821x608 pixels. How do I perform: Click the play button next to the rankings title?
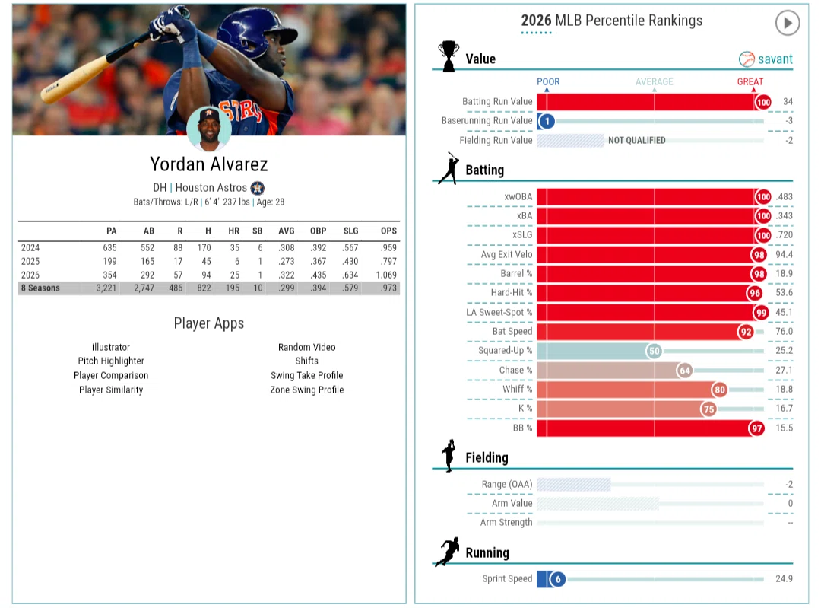(787, 23)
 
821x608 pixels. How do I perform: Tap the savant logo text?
(775, 59)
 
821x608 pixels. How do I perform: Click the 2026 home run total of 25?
(234, 275)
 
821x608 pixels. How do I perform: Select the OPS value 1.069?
(386, 275)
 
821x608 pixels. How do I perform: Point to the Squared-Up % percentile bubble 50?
(654, 351)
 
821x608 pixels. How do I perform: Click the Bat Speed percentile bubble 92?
(746, 331)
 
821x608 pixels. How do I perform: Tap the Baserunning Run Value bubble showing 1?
(547, 121)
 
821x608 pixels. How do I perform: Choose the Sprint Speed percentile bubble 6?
(558, 579)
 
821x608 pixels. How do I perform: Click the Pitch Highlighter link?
(111, 361)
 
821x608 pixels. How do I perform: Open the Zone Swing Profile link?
(307, 390)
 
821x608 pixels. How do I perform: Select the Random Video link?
(307, 347)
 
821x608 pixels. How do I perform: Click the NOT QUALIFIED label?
(637, 141)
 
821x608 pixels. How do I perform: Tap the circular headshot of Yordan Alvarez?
(209, 129)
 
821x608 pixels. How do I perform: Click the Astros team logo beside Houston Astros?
(257, 188)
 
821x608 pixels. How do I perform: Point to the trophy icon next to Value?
(449, 56)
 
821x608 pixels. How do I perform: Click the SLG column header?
(350, 231)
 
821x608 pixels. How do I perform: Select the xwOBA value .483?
(784, 197)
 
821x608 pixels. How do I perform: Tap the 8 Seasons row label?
(40, 288)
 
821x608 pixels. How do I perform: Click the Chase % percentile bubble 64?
(684, 371)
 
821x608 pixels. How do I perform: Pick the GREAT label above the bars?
(750, 81)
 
